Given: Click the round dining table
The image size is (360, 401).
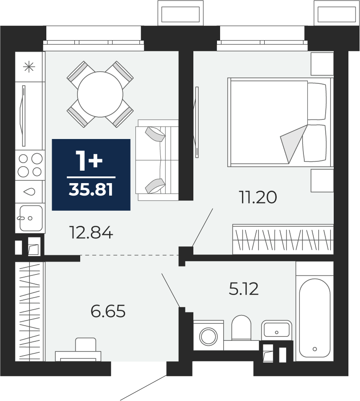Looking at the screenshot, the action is [x=100, y=94].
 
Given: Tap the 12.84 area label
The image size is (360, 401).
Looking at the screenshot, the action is [x=91, y=233].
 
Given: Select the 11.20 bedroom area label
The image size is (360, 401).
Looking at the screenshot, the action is [x=258, y=198].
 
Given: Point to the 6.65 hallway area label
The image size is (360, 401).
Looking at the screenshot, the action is [x=108, y=311].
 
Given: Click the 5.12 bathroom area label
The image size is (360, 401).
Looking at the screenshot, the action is [x=244, y=289].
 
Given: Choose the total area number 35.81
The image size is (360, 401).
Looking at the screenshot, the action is [x=91, y=190].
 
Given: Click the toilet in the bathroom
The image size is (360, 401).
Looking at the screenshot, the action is [x=241, y=328].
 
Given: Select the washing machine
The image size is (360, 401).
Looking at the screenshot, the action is [x=209, y=335].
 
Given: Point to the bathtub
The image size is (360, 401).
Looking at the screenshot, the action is [x=315, y=318].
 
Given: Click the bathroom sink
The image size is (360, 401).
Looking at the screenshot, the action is [x=276, y=330].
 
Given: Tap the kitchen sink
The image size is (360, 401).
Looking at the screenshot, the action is [x=30, y=218].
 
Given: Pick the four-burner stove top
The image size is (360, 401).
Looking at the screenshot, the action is [x=30, y=165].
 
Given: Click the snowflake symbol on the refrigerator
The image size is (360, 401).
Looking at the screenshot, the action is [x=29, y=67].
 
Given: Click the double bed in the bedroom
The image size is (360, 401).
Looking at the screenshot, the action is [x=281, y=122].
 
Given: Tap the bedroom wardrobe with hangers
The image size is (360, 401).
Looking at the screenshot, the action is [x=283, y=239].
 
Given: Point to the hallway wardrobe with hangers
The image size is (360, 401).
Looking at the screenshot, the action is [x=30, y=312].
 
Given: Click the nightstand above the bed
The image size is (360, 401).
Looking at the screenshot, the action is [x=322, y=64].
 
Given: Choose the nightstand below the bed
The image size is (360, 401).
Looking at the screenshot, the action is [x=322, y=180].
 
